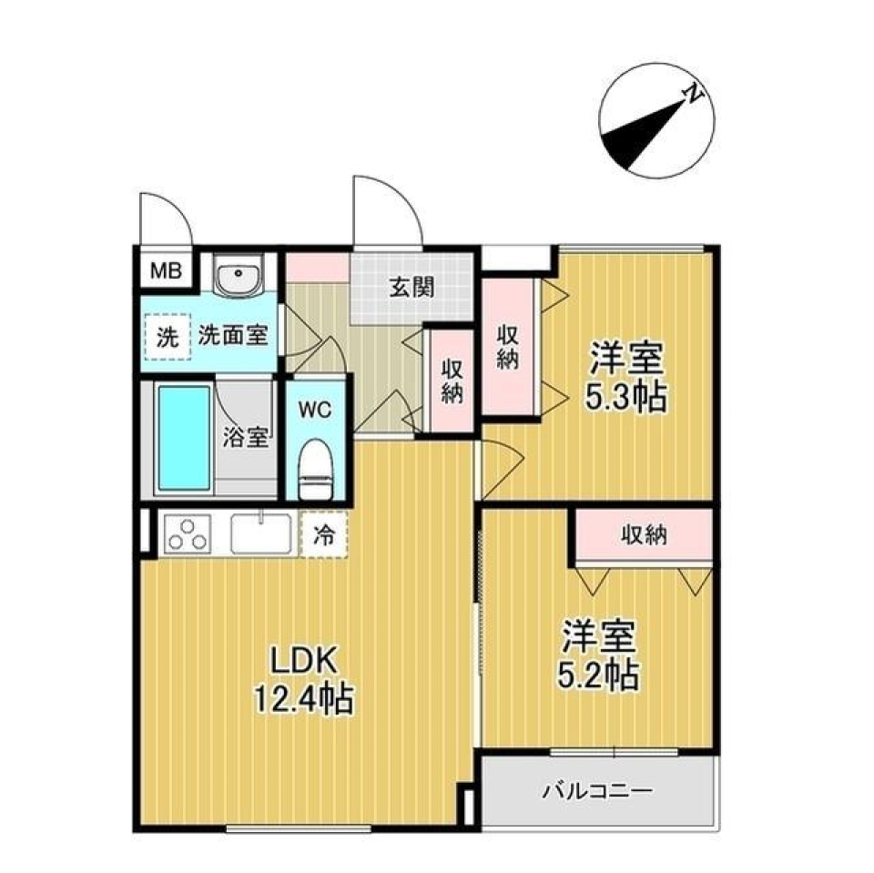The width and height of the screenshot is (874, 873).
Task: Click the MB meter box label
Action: pos(165,269)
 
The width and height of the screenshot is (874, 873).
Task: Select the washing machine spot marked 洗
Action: pos(165,336)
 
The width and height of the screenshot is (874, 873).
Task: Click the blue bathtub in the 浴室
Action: pos(184,437)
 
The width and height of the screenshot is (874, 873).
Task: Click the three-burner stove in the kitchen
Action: pos(188,534)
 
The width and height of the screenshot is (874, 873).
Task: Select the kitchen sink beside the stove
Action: pos(261,533)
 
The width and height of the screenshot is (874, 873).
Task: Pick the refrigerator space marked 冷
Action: pos(324,535)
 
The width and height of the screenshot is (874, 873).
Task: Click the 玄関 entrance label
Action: pos(412,288)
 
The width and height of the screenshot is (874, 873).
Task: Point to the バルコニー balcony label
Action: pos(598,791)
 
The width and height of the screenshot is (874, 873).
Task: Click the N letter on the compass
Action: pos(695,93)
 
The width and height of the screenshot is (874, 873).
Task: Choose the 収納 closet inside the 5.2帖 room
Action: pos(643,534)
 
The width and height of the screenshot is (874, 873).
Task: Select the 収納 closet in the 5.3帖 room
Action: pos(507,346)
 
